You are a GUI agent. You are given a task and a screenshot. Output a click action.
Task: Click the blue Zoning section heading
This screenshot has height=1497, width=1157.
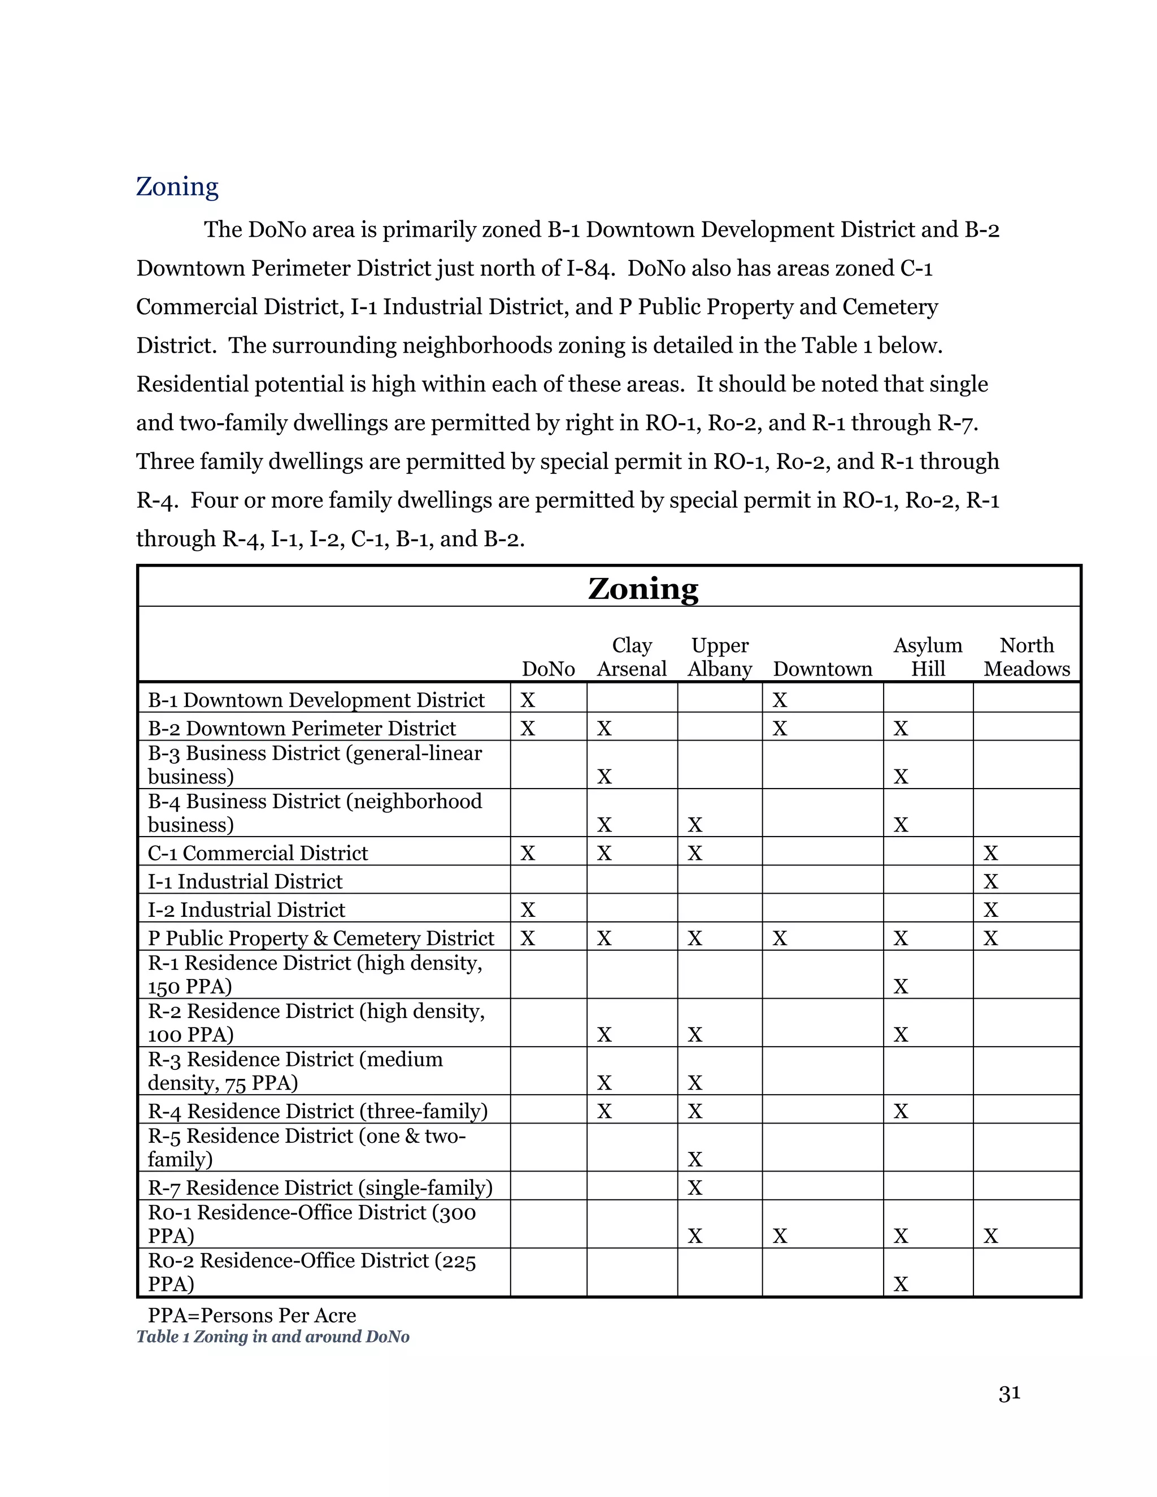[x=177, y=186]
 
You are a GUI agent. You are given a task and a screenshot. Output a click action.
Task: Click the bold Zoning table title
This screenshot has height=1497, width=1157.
[x=643, y=588]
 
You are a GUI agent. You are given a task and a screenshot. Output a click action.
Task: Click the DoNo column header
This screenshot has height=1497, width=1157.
[x=549, y=668]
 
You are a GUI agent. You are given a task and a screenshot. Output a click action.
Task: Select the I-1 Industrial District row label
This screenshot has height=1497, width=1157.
[x=245, y=881]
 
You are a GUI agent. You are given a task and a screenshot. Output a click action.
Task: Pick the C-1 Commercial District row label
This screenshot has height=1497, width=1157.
[x=258, y=854]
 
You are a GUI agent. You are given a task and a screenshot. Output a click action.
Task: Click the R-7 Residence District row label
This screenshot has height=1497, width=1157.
[x=320, y=1187]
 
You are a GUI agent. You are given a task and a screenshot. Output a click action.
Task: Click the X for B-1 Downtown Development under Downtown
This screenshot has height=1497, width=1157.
[x=779, y=700]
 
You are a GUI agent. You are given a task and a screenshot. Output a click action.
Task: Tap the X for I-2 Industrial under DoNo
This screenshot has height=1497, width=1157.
[x=527, y=909]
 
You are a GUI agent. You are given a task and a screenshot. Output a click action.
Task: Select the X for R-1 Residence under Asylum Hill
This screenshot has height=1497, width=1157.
[x=900, y=986]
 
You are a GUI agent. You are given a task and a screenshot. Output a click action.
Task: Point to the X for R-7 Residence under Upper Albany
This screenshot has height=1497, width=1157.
[x=694, y=1187]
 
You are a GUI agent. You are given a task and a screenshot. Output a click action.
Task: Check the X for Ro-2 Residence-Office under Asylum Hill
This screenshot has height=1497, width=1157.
[x=900, y=1284]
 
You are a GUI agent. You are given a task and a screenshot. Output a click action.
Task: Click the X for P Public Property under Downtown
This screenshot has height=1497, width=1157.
[x=779, y=938]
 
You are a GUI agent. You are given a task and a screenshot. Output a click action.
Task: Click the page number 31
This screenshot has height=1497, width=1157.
[x=1009, y=1394]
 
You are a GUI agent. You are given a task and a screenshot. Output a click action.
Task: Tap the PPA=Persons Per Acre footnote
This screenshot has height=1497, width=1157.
[x=251, y=1315]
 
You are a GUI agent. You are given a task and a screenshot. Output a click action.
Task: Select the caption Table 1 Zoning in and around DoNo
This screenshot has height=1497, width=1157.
[x=272, y=1337]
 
